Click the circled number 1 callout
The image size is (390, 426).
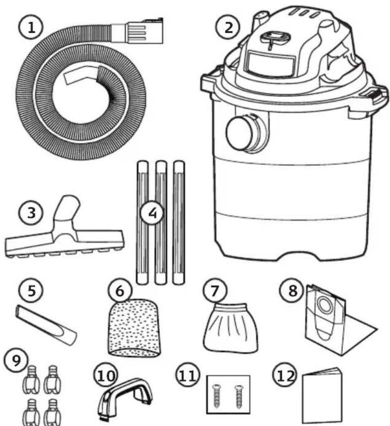click(31, 28)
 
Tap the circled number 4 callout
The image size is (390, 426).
click(153, 213)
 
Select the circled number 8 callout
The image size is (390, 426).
click(292, 291)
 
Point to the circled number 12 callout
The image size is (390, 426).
click(285, 376)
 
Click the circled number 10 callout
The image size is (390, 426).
click(106, 376)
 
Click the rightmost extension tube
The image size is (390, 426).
click(179, 223)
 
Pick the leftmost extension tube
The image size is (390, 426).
click(143, 223)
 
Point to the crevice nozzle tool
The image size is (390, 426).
click(46, 325)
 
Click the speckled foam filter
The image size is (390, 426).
click(134, 328)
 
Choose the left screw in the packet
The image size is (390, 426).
click(216, 396)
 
